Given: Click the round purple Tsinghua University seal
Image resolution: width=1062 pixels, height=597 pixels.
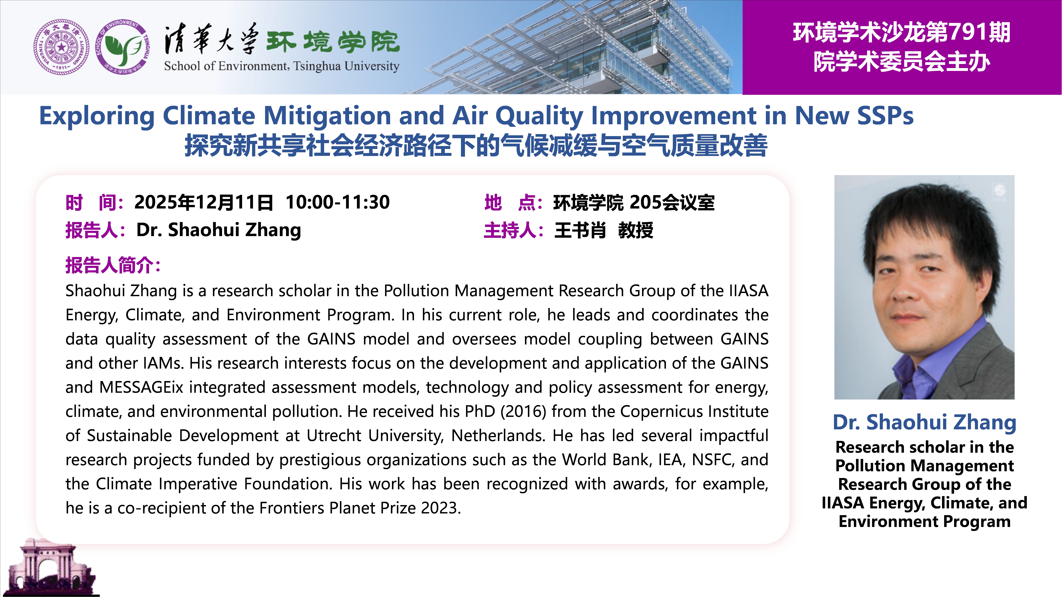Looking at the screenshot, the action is click(x=61, y=47).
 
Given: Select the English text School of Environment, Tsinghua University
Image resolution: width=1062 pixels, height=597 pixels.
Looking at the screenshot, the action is click(x=282, y=66).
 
